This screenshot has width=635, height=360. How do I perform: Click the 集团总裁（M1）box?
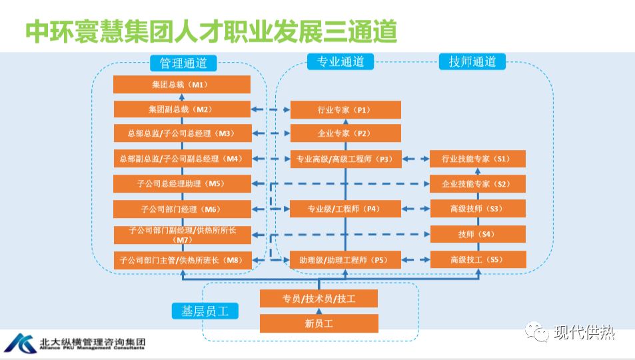(x=181, y=85)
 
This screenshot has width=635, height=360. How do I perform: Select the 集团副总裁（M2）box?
(x=181, y=109)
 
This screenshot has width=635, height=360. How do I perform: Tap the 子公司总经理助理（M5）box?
(x=181, y=183)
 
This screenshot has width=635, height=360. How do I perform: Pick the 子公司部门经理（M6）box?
(x=181, y=209)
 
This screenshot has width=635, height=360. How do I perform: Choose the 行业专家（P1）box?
(x=345, y=110)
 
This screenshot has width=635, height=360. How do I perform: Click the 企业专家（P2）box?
(x=345, y=133)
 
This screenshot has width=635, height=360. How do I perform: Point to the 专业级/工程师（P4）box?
(x=345, y=209)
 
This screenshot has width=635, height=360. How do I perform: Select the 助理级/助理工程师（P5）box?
(x=345, y=259)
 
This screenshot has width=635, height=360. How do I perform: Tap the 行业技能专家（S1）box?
(x=478, y=159)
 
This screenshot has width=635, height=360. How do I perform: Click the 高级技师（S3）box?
(x=478, y=209)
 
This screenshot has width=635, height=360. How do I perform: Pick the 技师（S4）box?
(x=478, y=234)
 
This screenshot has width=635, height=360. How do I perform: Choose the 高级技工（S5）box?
(x=478, y=259)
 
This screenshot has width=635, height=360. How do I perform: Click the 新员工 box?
(x=318, y=323)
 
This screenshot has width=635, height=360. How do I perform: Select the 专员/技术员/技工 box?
(x=318, y=299)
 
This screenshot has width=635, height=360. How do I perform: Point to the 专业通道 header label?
(x=340, y=62)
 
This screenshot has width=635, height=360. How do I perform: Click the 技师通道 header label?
(x=472, y=62)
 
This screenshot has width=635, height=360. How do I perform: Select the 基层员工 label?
(x=205, y=311)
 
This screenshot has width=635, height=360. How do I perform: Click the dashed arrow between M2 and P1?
(x=271, y=110)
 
